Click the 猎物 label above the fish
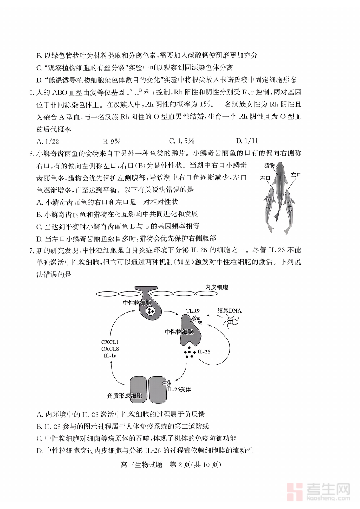coord(270,165)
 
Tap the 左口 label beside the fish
coord(296,175)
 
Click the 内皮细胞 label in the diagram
coord(217,287)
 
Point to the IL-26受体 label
coord(179,389)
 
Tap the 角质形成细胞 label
coord(124,396)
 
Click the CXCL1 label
coord(110,342)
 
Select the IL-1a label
coord(110,355)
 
